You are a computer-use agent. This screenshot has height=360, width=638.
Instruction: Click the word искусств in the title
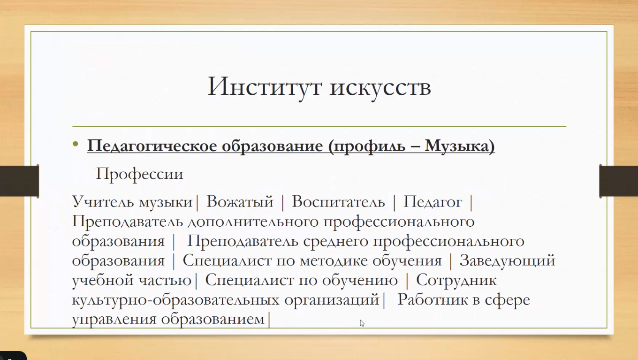pos(380,88)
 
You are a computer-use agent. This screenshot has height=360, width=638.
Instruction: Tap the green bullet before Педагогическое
pos(76,144)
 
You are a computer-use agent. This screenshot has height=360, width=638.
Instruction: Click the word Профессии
pos(140,174)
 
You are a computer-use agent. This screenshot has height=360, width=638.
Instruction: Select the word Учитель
pos(103,202)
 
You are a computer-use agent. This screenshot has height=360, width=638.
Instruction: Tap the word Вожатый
pos(240,202)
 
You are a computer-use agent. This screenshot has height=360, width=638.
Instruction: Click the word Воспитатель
pos(338,202)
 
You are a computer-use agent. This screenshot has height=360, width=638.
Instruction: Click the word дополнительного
pos(253,222)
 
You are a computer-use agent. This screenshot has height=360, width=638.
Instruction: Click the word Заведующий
pos(508,261)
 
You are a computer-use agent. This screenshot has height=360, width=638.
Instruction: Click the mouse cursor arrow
pos(362,323)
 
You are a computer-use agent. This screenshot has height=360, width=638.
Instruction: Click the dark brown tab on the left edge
pos(19,181)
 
